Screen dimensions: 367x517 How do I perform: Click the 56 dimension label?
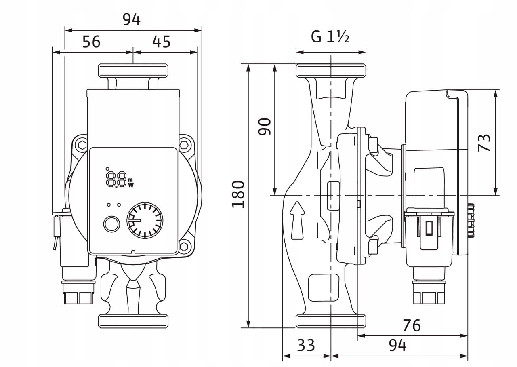pyautogui.click(x=91, y=42)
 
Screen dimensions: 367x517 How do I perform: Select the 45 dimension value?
pyautogui.click(x=162, y=42)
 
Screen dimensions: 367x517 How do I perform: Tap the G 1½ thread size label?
pyautogui.click(x=330, y=37)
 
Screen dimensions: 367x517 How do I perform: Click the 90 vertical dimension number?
pyautogui.click(x=265, y=127)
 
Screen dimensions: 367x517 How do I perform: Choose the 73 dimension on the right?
pyautogui.click(x=484, y=142)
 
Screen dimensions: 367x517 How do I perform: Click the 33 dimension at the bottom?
pyautogui.click(x=306, y=346)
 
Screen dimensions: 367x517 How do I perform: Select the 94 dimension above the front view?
pyautogui.click(x=132, y=19)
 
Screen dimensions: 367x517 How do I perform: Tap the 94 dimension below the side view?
pyautogui.click(x=397, y=346)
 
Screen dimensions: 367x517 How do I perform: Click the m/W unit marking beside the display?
pyautogui.click(x=130, y=183)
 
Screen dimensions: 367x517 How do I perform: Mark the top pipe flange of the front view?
pyautogui.click(x=133, y=71)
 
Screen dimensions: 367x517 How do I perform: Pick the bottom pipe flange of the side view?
pyautogui.click(x=331, y=321)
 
